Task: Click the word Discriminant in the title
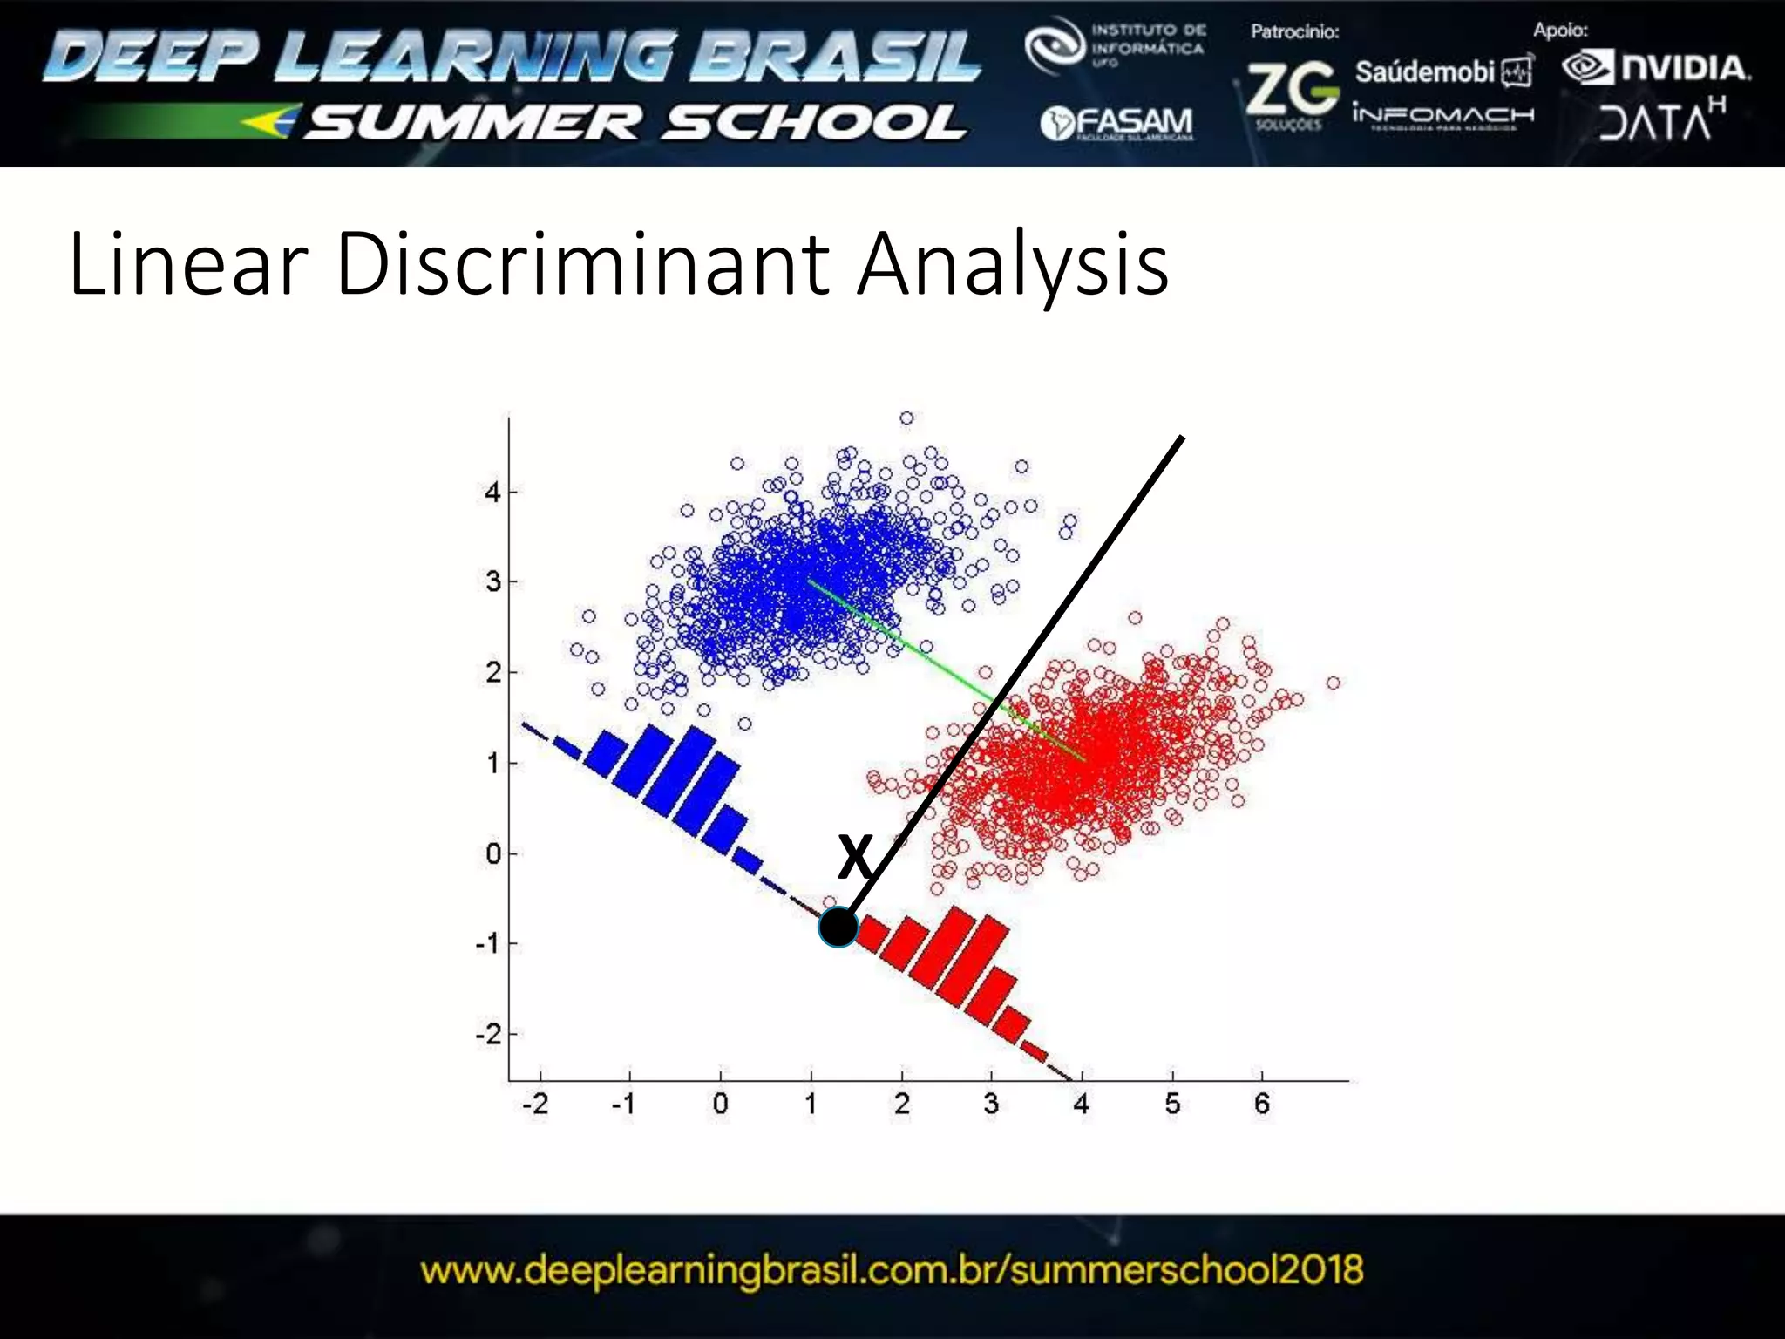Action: [x=582, y=263]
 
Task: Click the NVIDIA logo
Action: [x=1656, y=68]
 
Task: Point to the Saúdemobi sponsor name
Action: [x=1426, y=71]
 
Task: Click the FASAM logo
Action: [x=1117, y=124]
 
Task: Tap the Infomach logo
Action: [x=1442, y=116]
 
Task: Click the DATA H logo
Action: [x=1660, y=120]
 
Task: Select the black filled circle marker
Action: [x=838, y=927]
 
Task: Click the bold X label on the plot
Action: [x=855, y=857]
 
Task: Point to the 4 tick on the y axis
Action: [x=492, y=493]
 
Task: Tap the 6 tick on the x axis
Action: [x=1261, y=1105]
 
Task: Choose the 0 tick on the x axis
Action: [x=720, y=1105]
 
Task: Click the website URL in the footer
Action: [x=892, y=1270]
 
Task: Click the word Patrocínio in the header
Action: [x=1294, y=32]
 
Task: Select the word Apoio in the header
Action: [x=1560, y=31]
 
